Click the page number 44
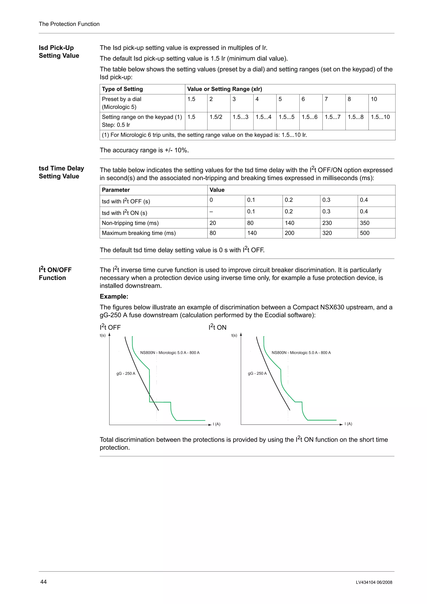pyautogui.click(x=43, y=582)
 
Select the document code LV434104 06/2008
pyautogui.click(x=374, y=582)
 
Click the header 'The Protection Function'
pyautogui.click(x=69, y=24)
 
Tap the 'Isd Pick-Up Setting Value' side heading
pyautogui.click(x=59, y=51)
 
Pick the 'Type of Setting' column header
pyautogui.click(x=122, y=89)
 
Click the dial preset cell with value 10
pyautogui.click(x=374, y=99)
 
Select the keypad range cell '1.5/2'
pyautogui.click(x=216, y=117)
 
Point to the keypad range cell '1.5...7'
pyautogui.click(x=332, y=117)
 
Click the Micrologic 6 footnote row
pyautogui.click(x=204, y=135)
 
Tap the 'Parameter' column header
pyautogui.click(x=116, y=190)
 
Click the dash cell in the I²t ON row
pyautogui.click(x=211, y=212)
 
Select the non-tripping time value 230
pyautogui.click(x=327, y=223)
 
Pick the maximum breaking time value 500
pyautogui.click(x=364, y=233)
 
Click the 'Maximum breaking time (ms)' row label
pyautogui.click(x=139, y=233)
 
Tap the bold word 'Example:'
pyautogui.click(x=114, y=296)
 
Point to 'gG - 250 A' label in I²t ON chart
pyautogui.click(x=257, y=373)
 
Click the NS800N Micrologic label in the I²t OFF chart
pyautogui.click(x=170, y=352)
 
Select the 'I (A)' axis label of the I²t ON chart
pyautogui.click(x=348, y=424)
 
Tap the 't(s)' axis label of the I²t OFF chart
pyautogui.click(x=103, y=335)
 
